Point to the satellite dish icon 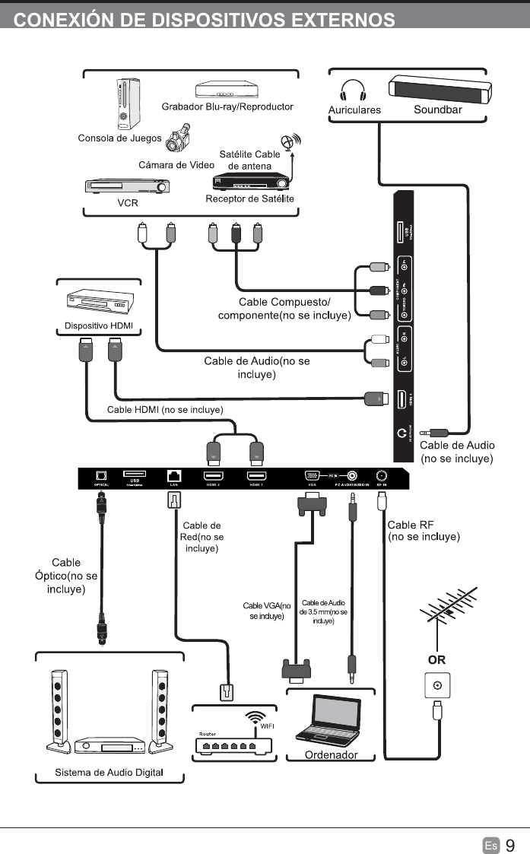[x=290, y=141]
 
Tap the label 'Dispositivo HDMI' [x=98, y=327]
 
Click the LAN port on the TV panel [x=173, y=476]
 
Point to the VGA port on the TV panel [x=312, y=475]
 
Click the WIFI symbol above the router [x=256, y=717]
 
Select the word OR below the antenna [x=436, y=659]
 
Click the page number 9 [x=509, y=845]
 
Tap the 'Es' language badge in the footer [x=490, y=845]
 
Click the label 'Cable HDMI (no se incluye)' [x=165, y=409]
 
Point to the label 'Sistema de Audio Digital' [x=109, y=773]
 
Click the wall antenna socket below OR [x=436, y=685]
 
